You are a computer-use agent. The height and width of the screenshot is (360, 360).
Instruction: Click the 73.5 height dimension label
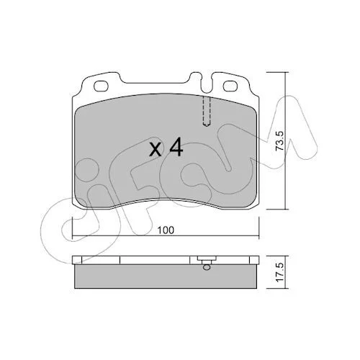[x=280, y=141]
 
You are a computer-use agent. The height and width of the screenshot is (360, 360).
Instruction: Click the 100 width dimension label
[x=166, y=230]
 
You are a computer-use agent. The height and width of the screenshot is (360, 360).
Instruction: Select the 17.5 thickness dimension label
[x=280, y=272]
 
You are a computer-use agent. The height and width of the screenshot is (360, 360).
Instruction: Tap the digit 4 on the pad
[x=176, y=148]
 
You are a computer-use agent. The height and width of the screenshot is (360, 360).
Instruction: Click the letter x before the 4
[x=156, y=150]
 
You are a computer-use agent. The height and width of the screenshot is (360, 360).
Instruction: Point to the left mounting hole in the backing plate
[x=101, y=86]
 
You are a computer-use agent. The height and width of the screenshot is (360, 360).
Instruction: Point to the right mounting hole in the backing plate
[x=230, y=86]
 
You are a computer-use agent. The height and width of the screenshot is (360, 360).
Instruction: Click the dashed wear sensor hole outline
[x=207, y=112]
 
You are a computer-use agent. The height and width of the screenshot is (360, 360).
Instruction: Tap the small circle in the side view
[x=207, y=267]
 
